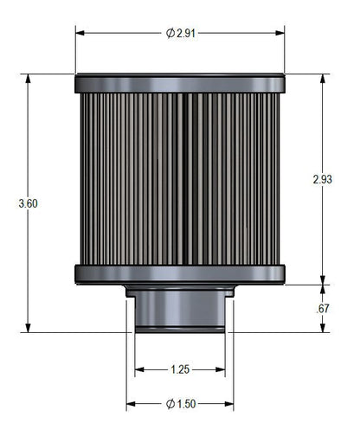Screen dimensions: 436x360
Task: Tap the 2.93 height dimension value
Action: pos(322,179)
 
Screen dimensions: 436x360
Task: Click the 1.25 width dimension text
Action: pos(180,369)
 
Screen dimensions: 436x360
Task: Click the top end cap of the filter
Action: pos(180,84)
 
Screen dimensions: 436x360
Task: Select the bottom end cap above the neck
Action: pos(180,273)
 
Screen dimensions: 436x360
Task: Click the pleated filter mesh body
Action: pos(180,177)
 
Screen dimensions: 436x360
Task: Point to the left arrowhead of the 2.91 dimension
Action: pos(80,33)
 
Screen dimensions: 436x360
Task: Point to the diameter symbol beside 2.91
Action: pos(170,33)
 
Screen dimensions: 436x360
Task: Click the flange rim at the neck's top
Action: pos(180,291)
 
